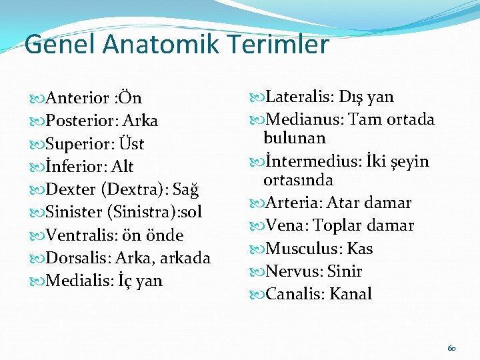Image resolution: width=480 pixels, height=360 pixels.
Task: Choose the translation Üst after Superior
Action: (133, 144)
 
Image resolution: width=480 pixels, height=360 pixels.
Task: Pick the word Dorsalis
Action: (77, 258)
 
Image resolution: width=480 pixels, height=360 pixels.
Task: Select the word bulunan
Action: (294, 138)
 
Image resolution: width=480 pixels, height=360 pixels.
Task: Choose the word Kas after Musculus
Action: (361, 249)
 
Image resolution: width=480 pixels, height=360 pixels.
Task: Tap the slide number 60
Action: (451, 349)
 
